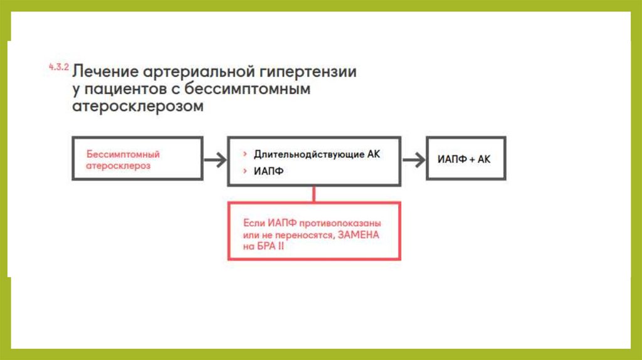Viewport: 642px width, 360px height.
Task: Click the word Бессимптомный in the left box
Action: pos(123,154)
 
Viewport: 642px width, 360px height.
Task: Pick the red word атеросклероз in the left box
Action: pos(118,166)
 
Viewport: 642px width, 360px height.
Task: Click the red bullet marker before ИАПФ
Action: pos(244,171)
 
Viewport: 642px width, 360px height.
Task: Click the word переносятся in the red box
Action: pos(298,235)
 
